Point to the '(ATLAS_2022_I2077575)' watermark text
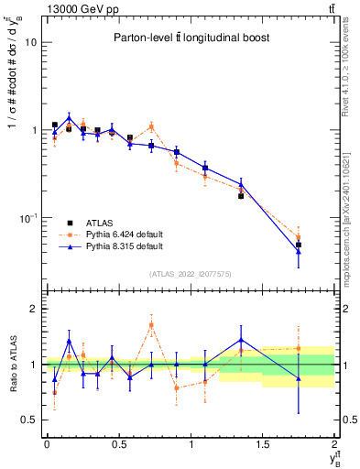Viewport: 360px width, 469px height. click(x=191, y=273)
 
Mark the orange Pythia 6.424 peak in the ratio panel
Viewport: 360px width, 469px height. click(x=151, y=325)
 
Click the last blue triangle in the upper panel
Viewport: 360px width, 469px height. click(x=299, y=251)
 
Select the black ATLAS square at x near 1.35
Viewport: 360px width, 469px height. click(x=241, y=196)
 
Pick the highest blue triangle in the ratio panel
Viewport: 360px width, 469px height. click(x=241, y=340)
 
